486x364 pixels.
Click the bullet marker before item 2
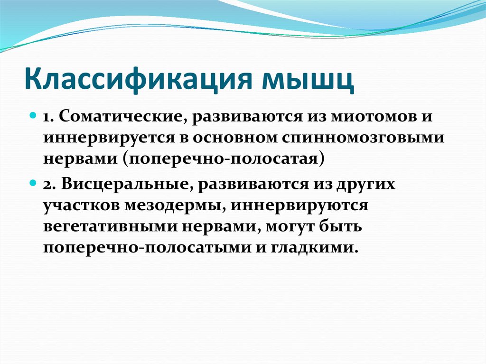click(34, 183)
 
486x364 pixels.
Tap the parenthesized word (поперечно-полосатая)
click(224, 158)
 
